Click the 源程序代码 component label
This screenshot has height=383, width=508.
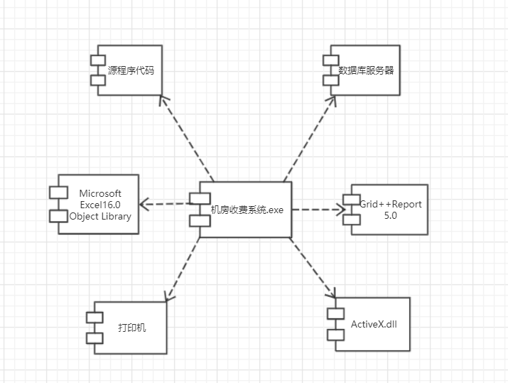pyautogui.click(x=131, y=71)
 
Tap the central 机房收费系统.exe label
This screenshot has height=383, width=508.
pyautogui.click(x=247, y=210)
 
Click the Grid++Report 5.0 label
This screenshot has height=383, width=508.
pyautogui.click(x=390, y=210)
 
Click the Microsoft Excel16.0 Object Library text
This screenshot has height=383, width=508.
pyautogui.click(x=100, y=205)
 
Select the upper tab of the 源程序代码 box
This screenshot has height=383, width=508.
pyautogui.click(x=98, y=60)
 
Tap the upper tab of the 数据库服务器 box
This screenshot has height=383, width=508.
pyautogui.click(x=330, y=60)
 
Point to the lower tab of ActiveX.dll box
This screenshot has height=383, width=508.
pyautogui.click(x=335, y=334)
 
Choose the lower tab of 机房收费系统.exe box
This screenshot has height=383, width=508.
pyautogui.click(x=199, y=220)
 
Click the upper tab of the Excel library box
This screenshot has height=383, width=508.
pyautogui.click(x=58, y=192)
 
